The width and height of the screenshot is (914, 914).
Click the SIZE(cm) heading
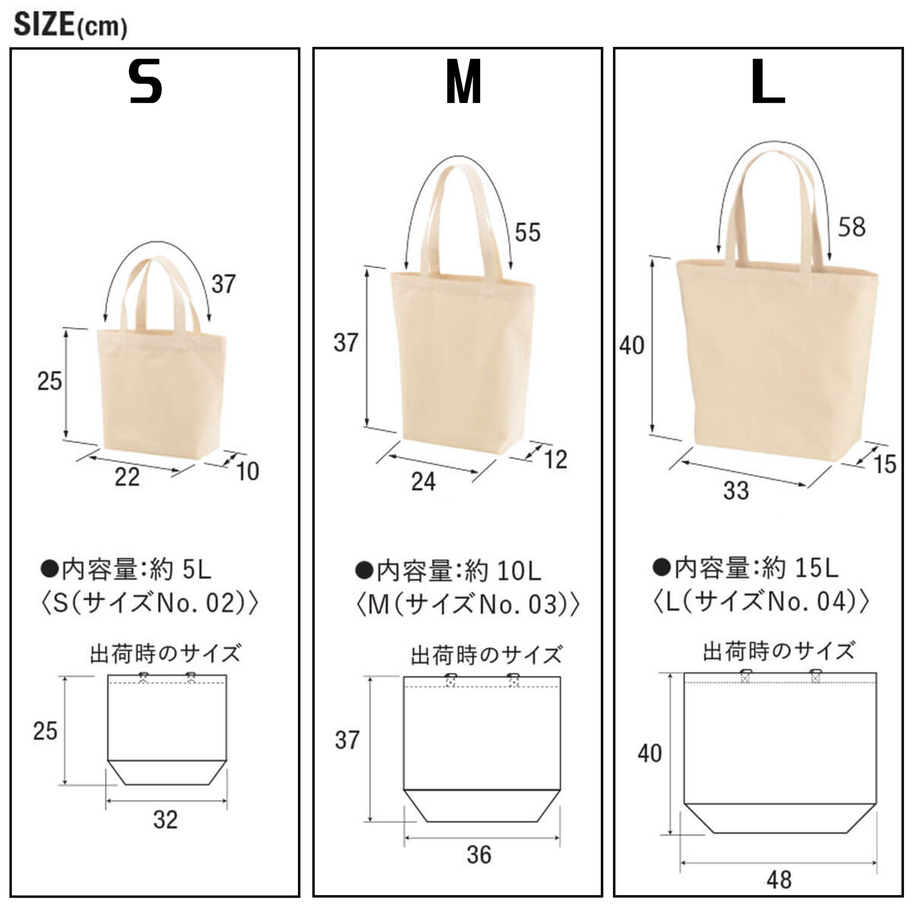coord(70,25)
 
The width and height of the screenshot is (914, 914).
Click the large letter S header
coord(145,82)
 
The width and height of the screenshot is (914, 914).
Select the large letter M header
coord(464,82)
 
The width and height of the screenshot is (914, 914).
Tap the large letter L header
coord(768,82)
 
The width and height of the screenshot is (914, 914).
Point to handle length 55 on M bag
coord(528,232)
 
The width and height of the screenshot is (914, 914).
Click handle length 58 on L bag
coord(852,226)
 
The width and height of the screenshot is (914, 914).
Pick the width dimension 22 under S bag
coord(127,477)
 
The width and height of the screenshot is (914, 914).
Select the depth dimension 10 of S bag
coord(247,471)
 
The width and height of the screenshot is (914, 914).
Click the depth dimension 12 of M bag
coord(555,460)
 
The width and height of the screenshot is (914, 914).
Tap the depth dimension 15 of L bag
coord(885,464)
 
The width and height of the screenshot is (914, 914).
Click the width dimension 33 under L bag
coord(736,490)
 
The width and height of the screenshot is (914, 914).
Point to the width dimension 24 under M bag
coord(424,482)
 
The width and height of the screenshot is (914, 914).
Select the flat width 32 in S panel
coord(166,820)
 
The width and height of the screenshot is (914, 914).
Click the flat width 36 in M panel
coord(479,855)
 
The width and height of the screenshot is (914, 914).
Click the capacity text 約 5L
coord(180,569)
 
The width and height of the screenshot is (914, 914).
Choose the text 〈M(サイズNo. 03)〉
coord(468,604)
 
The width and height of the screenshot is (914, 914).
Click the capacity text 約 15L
coord(800,568)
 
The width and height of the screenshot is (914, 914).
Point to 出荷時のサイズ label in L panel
coord(779,651)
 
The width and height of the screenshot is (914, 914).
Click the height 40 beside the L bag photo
coord(632,345)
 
